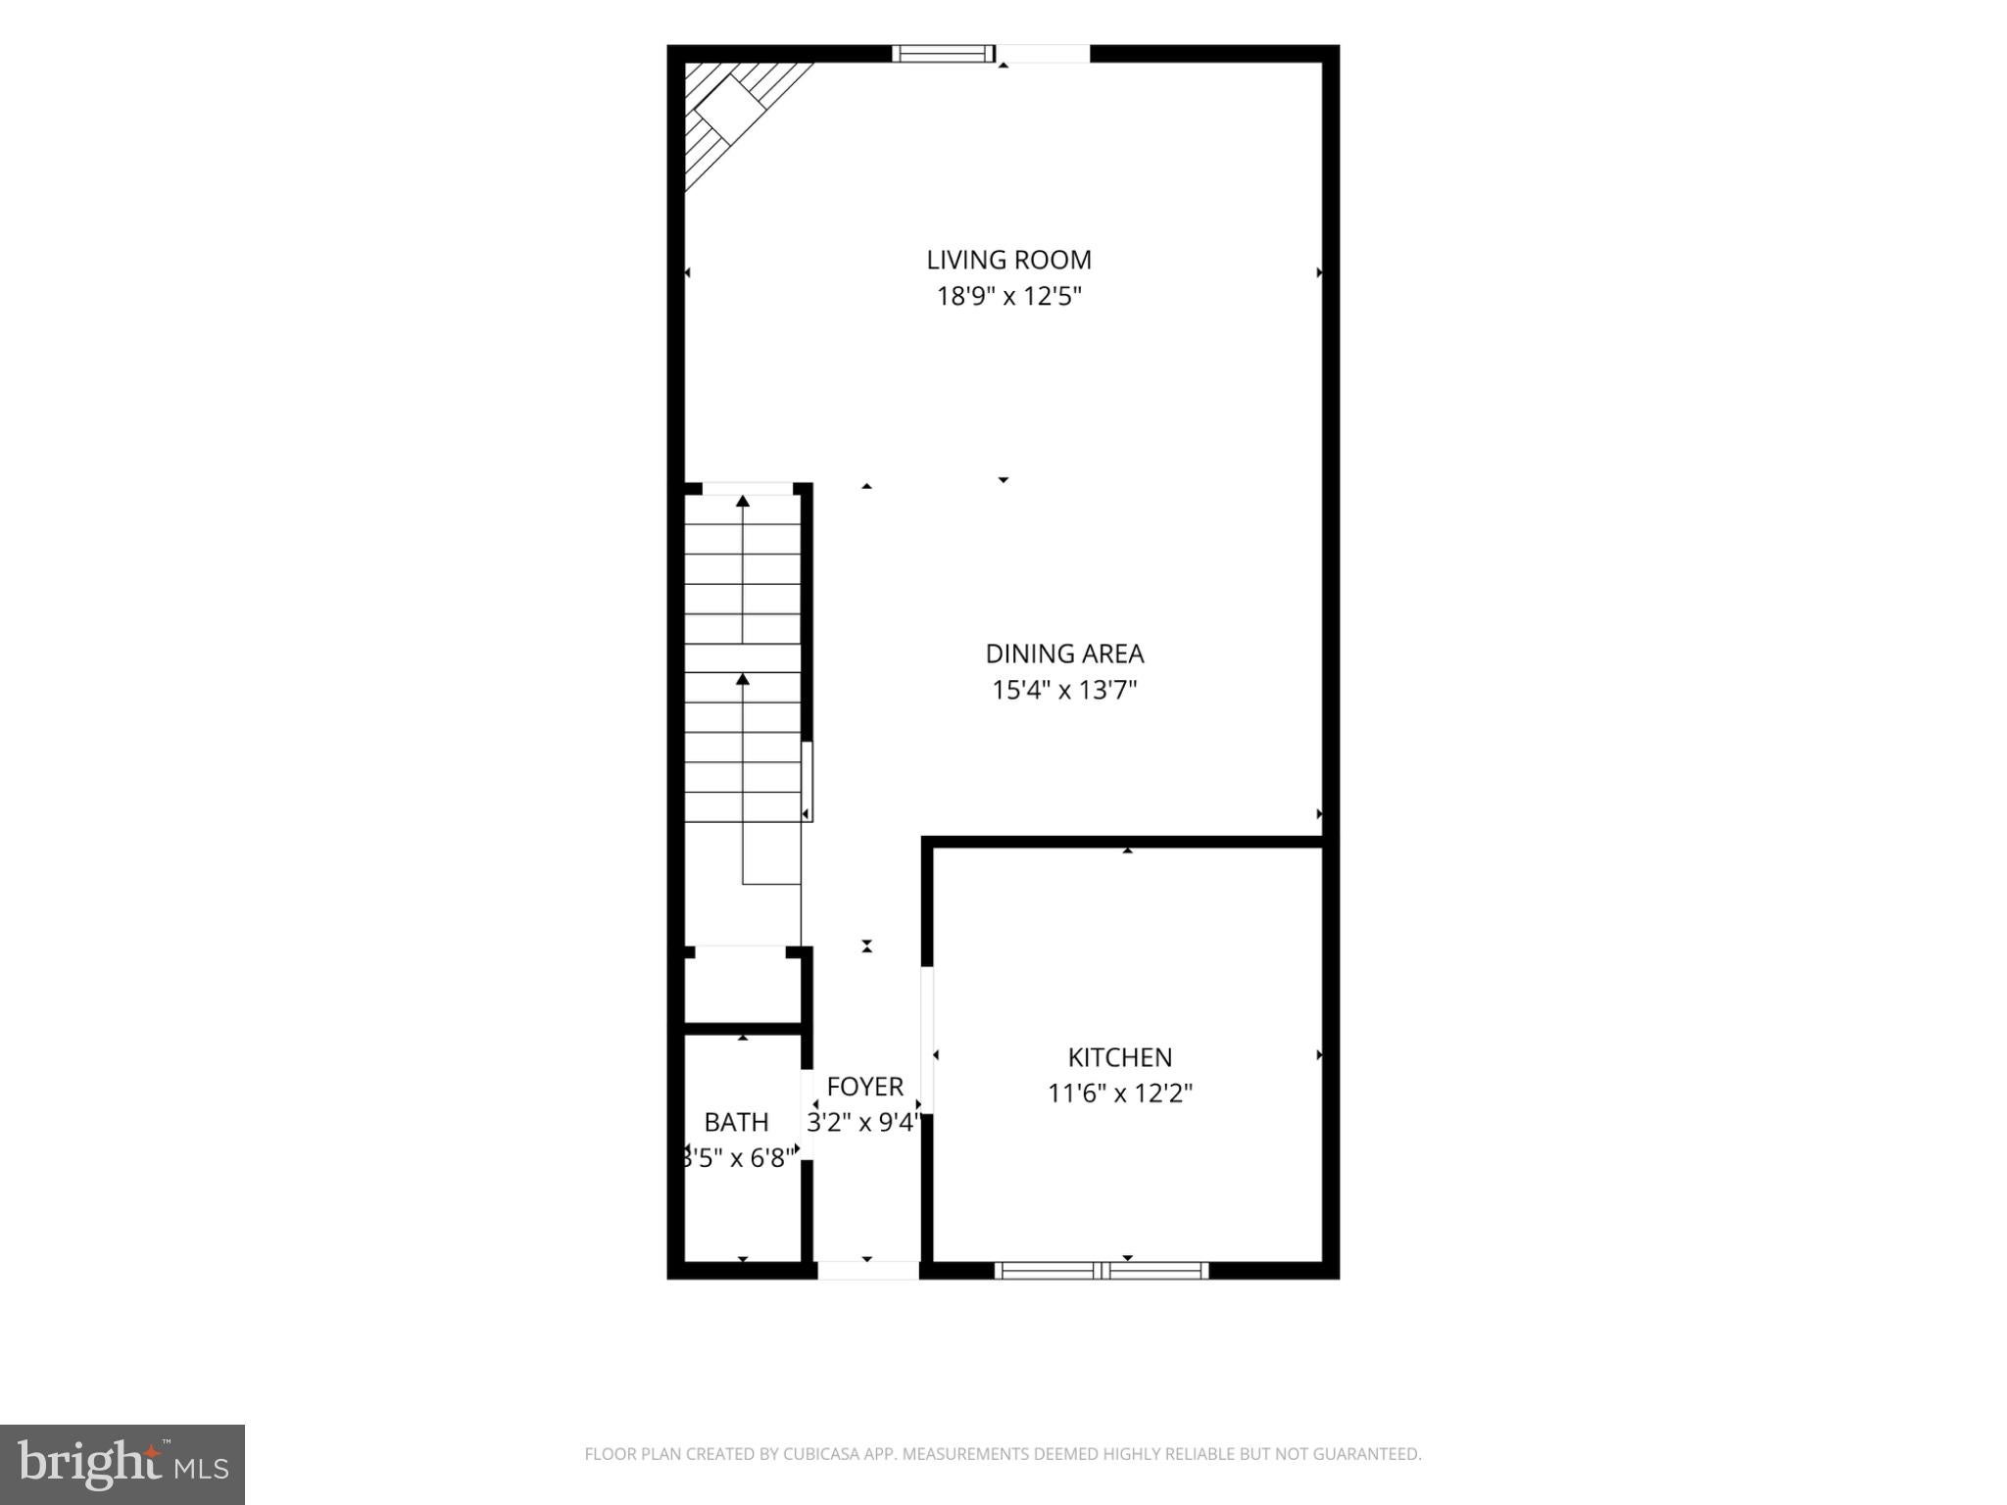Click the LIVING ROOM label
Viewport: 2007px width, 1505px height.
[x=1008, y=260]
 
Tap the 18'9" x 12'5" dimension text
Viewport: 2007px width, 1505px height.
[x=1008, y=296]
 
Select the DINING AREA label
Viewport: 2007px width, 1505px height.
[x=1064, y=654]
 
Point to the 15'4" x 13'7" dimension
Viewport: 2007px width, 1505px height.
[x=1064, y=690]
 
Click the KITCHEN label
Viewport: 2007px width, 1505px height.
[x=1120, y=1057]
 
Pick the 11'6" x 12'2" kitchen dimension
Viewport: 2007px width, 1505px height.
[x=1120, y=1092]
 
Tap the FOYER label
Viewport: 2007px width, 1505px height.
[x=864, y=1087]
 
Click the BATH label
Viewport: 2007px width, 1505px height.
[x=736, y=1122]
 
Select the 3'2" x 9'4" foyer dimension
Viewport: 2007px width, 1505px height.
[x=863, y=1122]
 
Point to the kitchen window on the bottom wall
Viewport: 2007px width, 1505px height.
[x=1101, y=1271]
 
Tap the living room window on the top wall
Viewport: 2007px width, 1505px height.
[x=943, y=54]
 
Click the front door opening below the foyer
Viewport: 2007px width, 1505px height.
[x=868, y=1271]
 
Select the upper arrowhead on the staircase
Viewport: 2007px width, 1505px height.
[x=743, y=501]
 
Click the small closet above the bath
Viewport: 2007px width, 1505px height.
[x=742, y=986]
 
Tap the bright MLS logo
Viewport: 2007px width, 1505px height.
[x=122, y=1465]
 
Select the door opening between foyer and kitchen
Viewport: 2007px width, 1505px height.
[x=926, y=1041]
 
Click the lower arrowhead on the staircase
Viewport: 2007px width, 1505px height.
[x=743, y=679]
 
